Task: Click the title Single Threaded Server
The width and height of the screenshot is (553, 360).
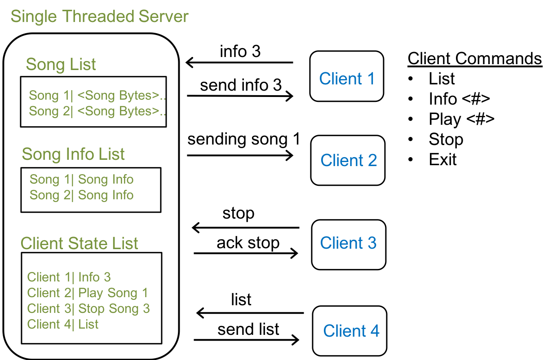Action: click(x=99, y=17)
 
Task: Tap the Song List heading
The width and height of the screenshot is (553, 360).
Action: click(x=61, y=65)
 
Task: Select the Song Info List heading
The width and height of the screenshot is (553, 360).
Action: click(x=73, y=154)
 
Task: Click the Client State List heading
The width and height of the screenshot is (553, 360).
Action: click(x=79, y=244)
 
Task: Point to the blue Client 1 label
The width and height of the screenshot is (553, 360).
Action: click(x=347, y=79)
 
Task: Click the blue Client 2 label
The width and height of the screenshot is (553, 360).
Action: click(x=349, y=160)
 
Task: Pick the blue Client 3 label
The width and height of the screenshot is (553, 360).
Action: click(x=348, y=243)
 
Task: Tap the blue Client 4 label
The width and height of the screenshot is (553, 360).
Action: click(x=351, y=331)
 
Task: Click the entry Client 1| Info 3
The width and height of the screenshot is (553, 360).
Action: click(x=69, y=277)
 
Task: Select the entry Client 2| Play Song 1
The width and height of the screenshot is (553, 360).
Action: click(x=87, y=293)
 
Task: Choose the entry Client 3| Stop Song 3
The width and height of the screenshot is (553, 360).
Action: click(x=88, y=309)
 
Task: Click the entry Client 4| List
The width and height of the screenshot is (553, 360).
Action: click(x=62, y=325)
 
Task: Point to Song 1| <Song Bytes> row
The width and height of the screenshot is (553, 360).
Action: click(x=97, y=96)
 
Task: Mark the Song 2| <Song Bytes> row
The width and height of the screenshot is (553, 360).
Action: click(x=97, y=111)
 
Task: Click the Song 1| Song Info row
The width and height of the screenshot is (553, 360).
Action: click(x=81, y=180)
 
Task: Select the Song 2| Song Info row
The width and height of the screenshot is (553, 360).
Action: click(x=81, y=195)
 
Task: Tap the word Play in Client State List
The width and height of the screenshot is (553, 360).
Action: click(x=90, y=294)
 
